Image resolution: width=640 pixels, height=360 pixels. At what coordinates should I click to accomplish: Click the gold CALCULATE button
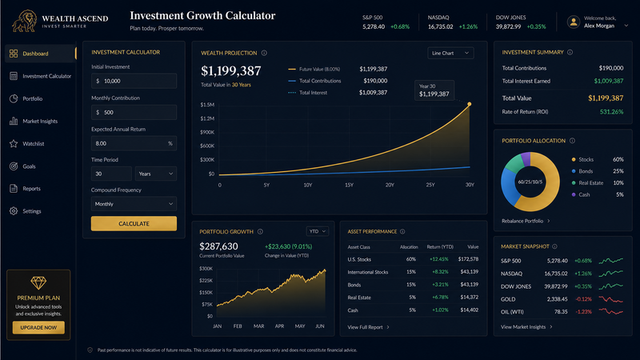(134, 224)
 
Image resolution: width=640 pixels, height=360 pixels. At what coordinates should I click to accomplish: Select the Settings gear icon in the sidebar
(14, 211)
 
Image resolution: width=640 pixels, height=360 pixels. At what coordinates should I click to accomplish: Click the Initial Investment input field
(134, 81)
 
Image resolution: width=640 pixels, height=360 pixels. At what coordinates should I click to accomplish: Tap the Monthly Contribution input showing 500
(134, 112)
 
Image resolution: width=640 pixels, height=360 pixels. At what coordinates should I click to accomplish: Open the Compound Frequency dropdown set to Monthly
(134, 204)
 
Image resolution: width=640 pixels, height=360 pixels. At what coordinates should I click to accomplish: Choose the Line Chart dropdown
(450, 53)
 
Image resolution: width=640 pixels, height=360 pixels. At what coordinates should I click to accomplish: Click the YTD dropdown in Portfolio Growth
(318, 231)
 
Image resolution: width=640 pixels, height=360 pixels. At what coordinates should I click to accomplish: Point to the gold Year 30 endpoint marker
(470, 104)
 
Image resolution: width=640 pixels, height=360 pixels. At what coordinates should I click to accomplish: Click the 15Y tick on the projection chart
(349, 185)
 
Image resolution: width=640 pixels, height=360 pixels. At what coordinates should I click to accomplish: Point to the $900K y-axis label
(207, 132)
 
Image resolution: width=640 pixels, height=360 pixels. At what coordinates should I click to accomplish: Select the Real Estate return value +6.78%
(440, 297)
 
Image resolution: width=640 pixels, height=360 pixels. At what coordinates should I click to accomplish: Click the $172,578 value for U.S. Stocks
(468, 259)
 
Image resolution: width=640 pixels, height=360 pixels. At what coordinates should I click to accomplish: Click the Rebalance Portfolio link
(526, 221)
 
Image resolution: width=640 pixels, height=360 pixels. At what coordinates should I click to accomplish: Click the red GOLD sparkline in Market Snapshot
(610, 299)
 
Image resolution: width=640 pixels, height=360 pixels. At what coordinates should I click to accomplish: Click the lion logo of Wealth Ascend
(25, 22)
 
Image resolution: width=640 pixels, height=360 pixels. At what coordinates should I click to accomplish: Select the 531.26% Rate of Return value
(611, 112)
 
